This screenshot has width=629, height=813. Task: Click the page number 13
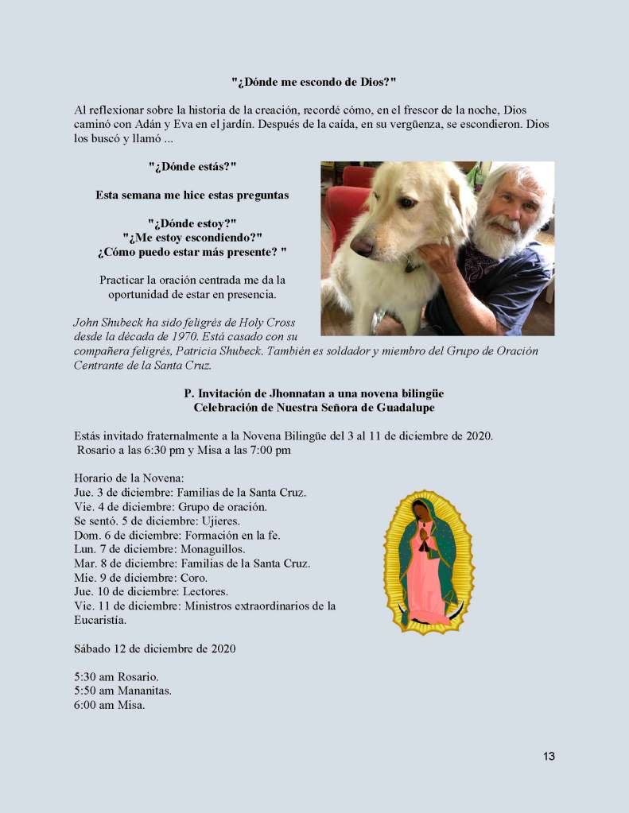point(549,756)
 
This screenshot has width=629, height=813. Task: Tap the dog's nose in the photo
point(362,245)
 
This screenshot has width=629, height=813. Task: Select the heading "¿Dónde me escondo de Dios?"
point(313,82)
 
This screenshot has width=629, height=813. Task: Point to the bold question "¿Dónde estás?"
point(192,167)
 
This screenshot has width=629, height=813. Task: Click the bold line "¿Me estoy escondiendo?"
point(192,238)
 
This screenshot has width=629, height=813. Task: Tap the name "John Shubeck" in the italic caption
point(109,322)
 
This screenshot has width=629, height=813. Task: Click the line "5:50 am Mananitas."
point(122,690)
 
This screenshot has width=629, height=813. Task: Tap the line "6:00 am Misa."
point(110,704)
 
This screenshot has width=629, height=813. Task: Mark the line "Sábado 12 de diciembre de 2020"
point(154,648)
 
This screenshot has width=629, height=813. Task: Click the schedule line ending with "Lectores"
point(151,592)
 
